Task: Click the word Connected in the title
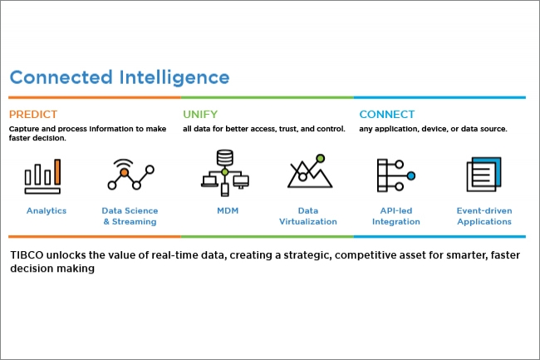(61, 77)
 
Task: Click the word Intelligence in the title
(174, 78)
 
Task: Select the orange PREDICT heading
(33, 115)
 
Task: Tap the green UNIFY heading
(200, 115)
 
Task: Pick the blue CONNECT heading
(387, 115)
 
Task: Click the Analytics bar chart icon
(42, 176)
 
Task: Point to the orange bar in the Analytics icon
(57, 171)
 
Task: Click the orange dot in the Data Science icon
(125, 172)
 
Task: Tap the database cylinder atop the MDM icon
(225, 157)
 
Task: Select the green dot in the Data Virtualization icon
(321, 159)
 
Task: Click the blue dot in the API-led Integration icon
(411, 175)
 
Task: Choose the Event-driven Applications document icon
(484, 175)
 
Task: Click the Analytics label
(47, 211)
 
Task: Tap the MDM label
(228, 210)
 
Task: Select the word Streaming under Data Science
(135, 222)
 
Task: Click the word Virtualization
(308, 221)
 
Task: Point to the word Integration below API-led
(396, 222)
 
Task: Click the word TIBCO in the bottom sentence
(27, 255)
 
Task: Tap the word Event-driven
(484, 210)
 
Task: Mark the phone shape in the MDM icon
(225, 190)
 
